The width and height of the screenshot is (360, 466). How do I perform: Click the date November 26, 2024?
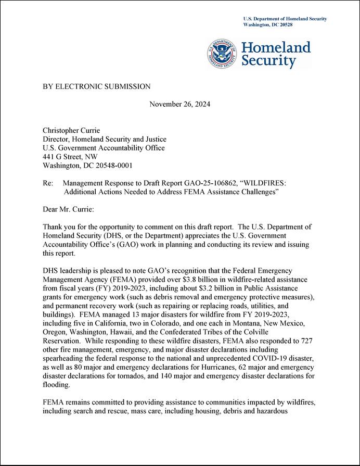(x=179, y=104)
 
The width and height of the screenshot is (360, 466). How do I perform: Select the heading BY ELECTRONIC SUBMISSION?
(x=96, y=86)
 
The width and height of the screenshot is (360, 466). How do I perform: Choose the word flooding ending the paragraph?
(x=56, y=385)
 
